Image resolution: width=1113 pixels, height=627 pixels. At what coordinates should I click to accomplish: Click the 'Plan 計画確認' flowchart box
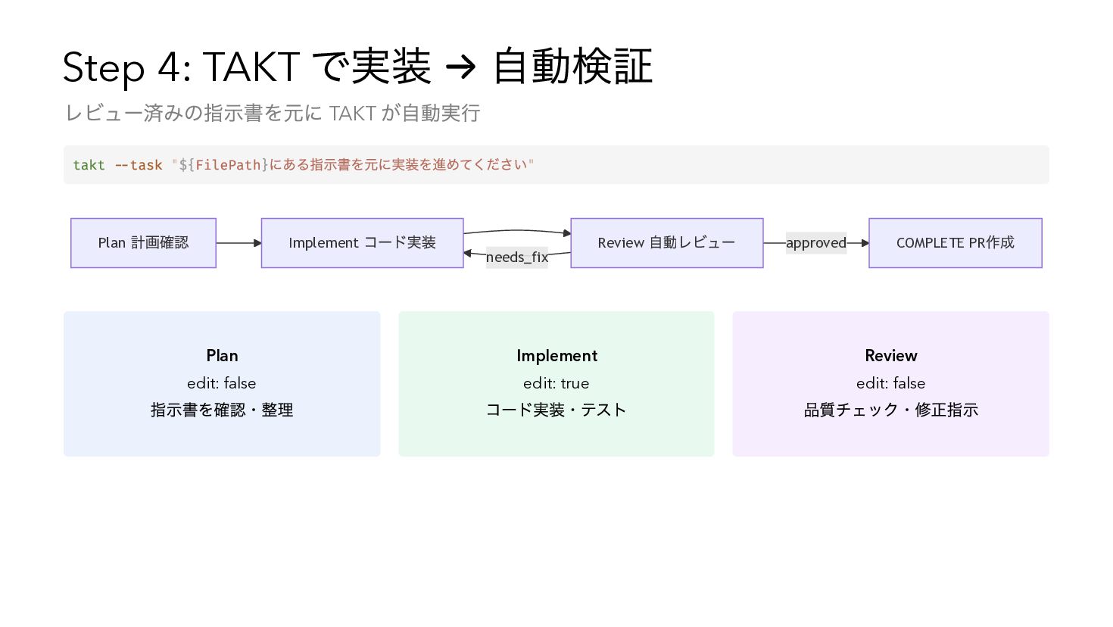coord(143,243)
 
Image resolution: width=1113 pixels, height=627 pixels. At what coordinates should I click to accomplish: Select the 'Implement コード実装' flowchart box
coord(362,243)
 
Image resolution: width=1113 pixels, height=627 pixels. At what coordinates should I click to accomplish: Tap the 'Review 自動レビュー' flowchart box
coord(666,243)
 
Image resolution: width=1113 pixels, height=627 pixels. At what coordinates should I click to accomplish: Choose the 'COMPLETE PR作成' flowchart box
coord(955,243)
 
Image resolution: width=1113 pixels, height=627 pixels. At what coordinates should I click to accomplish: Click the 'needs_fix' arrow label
coord(516,257)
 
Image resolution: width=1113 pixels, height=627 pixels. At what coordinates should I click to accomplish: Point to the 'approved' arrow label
coord(815,243)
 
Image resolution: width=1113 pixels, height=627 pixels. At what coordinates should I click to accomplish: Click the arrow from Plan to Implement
coord(238,243)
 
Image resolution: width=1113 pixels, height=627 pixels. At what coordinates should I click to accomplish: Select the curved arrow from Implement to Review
coord(516,231)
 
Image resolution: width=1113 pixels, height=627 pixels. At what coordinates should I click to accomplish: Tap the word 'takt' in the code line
coord(89,165)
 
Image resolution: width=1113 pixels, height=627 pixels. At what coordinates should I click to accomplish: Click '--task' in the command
coord(139,165)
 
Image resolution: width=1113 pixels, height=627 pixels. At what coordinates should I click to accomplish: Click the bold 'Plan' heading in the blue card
coord(222,356)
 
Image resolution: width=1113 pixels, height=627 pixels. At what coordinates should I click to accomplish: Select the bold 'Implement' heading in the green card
coord(556,356)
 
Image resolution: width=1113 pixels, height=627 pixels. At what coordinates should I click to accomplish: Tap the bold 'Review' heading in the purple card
coord(891,356)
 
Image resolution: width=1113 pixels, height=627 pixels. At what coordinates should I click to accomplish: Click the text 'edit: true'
coord(556,383)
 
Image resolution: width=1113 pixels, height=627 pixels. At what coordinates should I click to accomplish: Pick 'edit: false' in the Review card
coord(891,383)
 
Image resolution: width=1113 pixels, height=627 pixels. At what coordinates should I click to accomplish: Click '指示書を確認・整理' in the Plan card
coord(222,410)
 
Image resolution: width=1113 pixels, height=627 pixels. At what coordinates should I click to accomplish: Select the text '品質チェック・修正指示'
coord(891,410)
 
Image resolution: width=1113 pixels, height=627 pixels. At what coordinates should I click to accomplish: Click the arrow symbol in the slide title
coord(460,68)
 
